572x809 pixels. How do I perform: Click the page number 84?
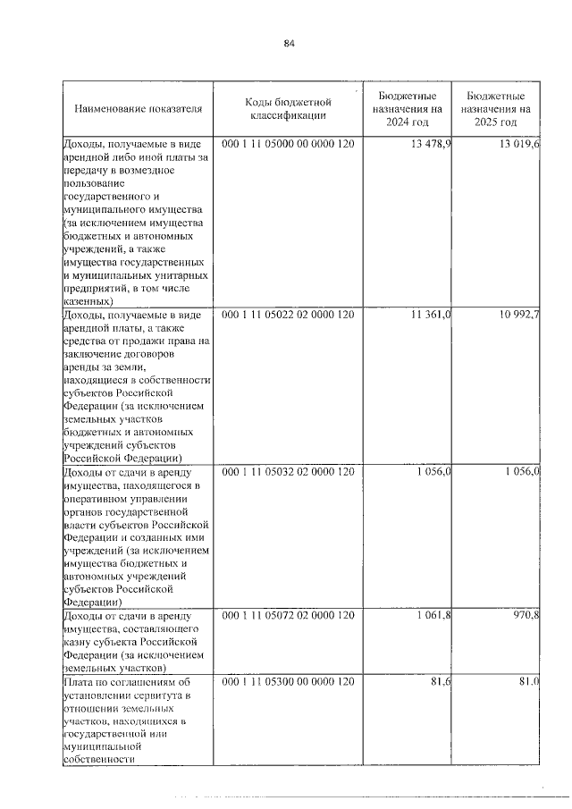pyautogui.click(x=289, y=43)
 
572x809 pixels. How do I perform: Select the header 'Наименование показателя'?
pyautogui.click(x=139, y=109)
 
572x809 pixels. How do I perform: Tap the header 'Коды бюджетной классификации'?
pyautogui.click(x=288, y=109)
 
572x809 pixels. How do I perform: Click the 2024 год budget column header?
pyautogui.click(x=407, y=109)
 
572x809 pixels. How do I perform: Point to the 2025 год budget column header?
pyautogui.click(x=497, y=109)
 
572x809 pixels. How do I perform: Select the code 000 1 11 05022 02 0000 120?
pyautogui.click(x=288, y=315)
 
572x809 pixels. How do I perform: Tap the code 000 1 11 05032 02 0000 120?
pyautogui.click(x=288, y=471)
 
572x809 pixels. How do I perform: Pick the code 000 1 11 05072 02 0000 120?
pyautogui.click(x=288, y=616)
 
